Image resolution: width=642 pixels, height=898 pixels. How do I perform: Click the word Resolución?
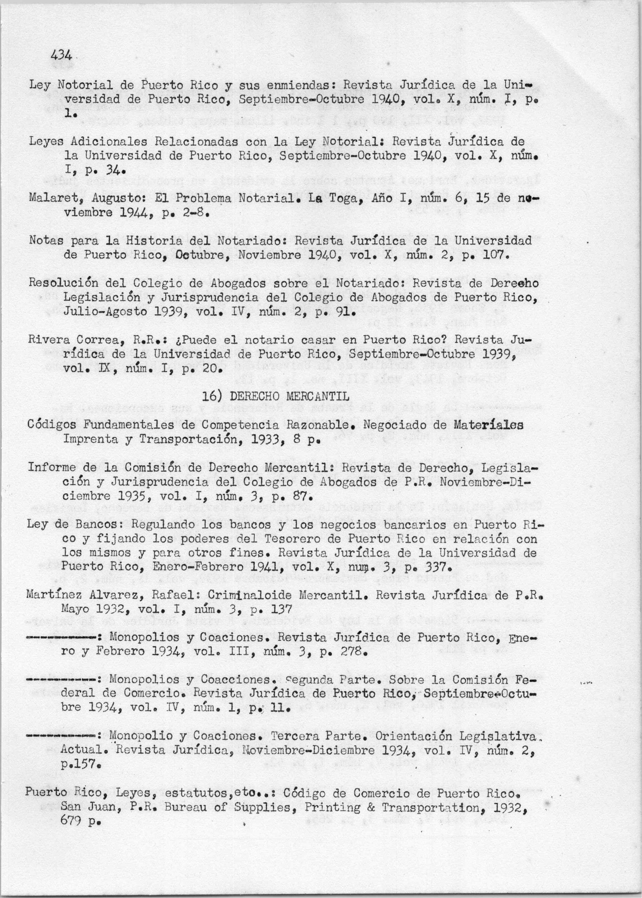63,283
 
